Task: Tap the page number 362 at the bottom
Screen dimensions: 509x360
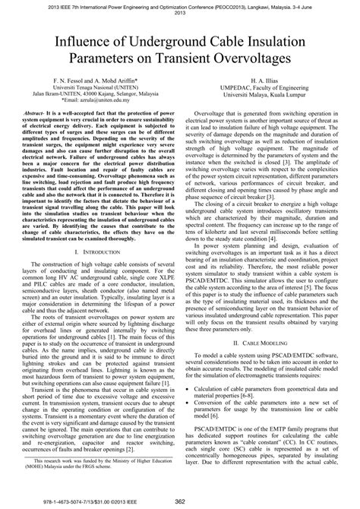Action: pyautogui.click(x=180, y=500)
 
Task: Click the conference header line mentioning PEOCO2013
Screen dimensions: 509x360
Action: pyautogui.click(x=180, y=5)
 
